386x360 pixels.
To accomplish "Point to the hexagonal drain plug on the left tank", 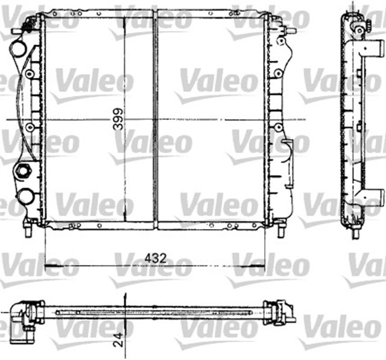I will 24,171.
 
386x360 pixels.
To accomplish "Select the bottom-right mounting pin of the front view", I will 280,229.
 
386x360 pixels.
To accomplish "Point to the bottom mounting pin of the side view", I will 356,231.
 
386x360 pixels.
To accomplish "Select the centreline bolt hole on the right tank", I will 277,127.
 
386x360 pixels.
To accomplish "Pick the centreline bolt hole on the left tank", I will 28,127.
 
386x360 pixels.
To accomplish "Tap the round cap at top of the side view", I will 358,29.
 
